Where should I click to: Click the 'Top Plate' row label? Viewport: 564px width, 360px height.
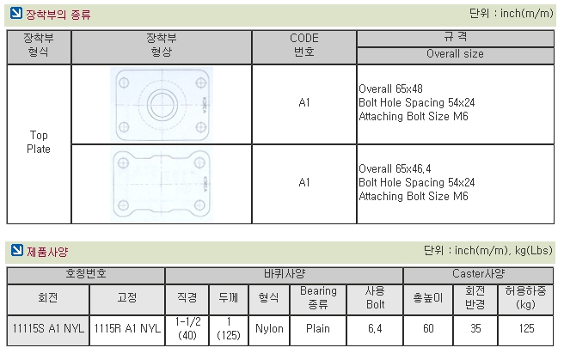[x=39, y=142]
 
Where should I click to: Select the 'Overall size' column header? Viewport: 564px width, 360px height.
[x=455, y=54]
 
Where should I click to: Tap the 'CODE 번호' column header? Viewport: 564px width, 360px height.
[x=304, y=45]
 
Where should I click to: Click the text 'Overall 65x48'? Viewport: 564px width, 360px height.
[x=390, y=88]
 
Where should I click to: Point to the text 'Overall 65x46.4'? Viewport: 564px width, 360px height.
[x=395, y=168]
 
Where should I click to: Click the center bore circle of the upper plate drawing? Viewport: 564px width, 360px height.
[x=162, y=105]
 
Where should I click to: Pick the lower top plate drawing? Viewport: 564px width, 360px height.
[x=162, y=184]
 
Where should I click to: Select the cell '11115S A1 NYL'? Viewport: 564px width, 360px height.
[x=48, y=328]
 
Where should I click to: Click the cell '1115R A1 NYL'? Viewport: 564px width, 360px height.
[x=127, y=328]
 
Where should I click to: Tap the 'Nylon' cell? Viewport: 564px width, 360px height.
[x=269, y=328]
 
